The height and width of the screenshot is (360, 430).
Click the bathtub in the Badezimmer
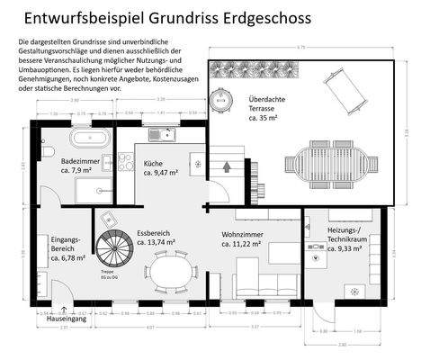pyautogui.click(x=87, y=139)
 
